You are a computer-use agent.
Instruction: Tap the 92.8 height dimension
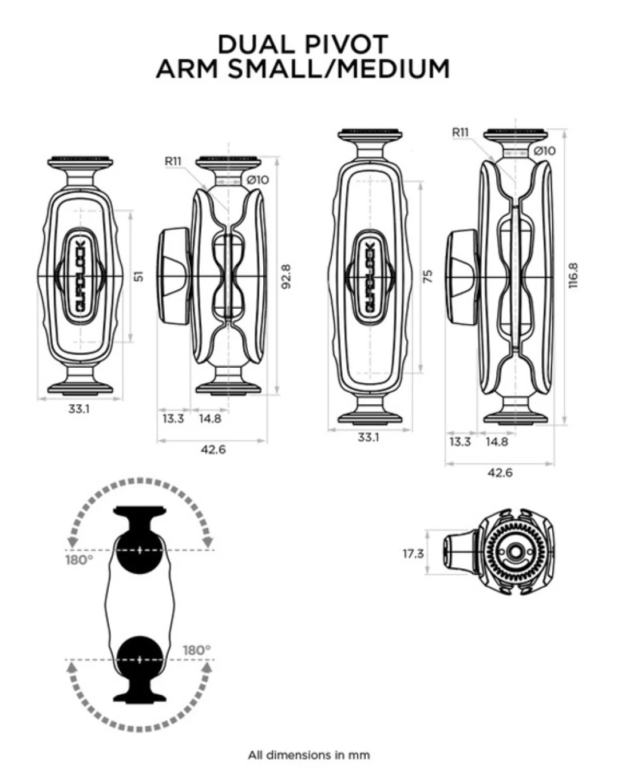point(286,277)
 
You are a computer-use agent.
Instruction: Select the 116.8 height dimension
point(573,276)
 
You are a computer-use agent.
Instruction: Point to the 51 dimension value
point(139,276)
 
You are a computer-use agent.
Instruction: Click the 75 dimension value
point(428,276)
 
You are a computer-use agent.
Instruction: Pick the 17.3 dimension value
point(413,554)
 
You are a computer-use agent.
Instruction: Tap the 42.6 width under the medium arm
point(500,473)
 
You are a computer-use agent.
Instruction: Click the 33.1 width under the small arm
point(79,409)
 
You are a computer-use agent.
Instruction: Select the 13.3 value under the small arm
point(173,418)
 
